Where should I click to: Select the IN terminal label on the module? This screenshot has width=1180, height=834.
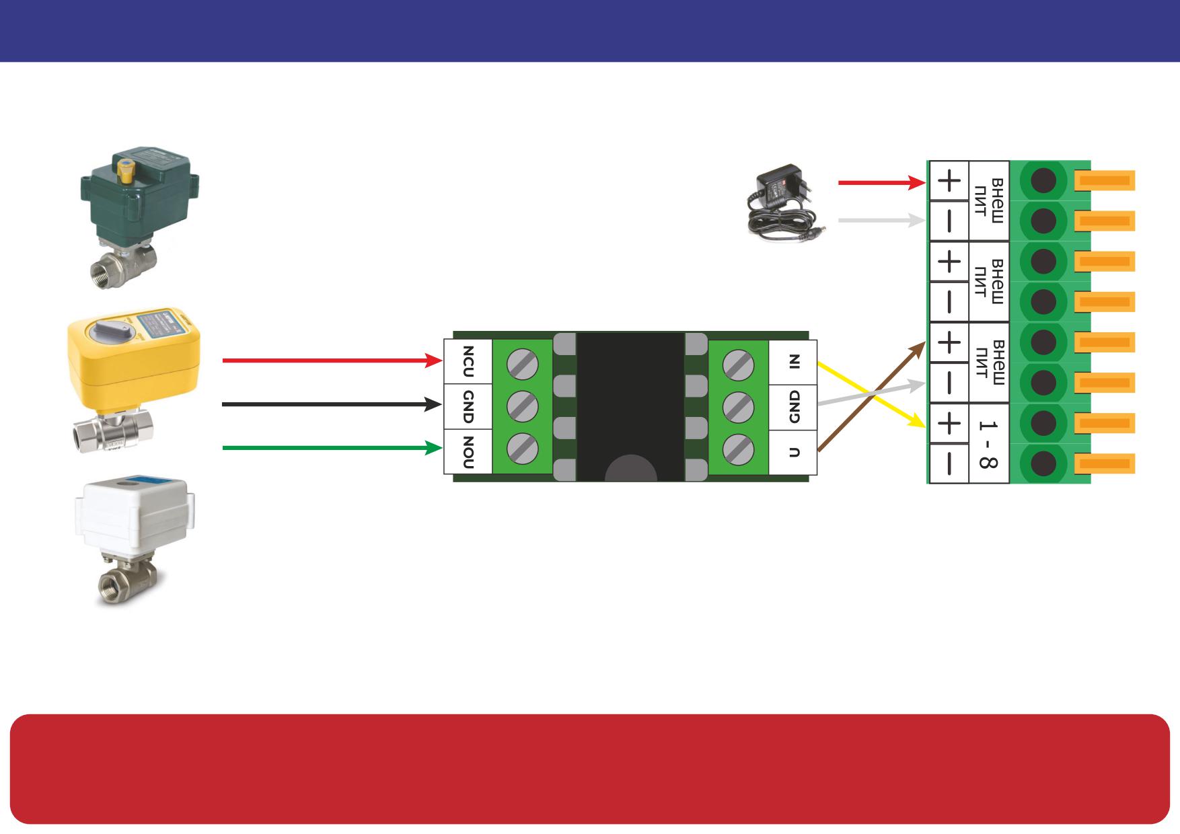tap(795, 362)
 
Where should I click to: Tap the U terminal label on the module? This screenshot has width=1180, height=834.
tap(795, 452)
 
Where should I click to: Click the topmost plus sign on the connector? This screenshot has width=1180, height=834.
tap(949, 181)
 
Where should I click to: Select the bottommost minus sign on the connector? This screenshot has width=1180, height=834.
tap(949, 463)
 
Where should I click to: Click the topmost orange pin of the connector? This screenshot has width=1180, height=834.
tap(1105, 181)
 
